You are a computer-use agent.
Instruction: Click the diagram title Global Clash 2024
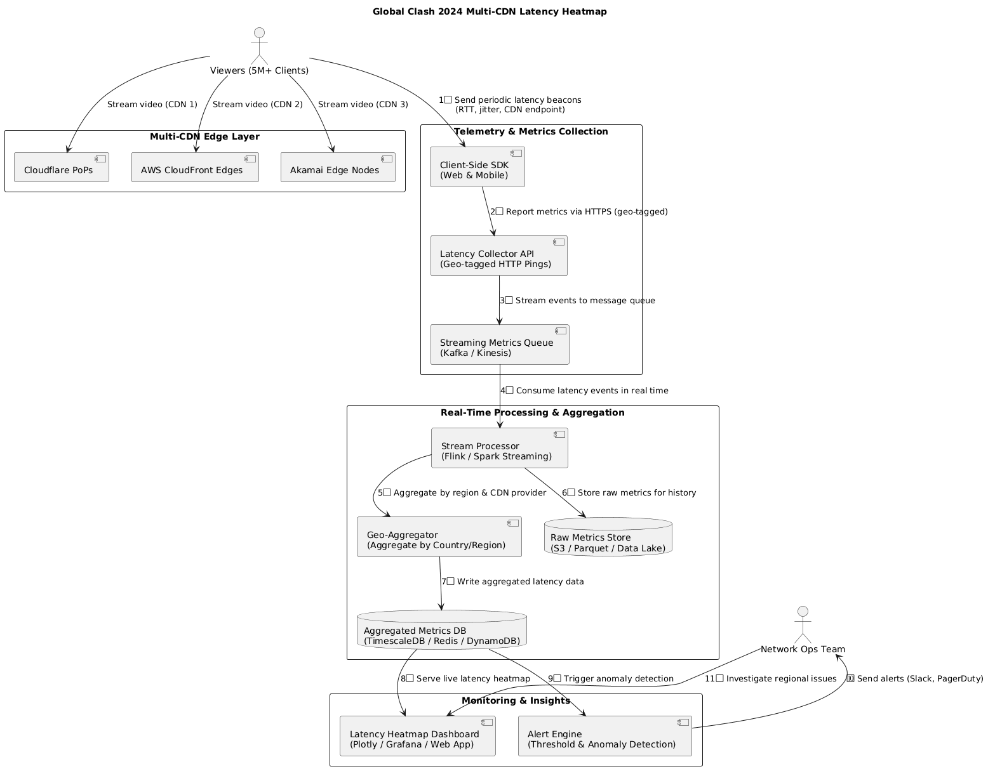tap(490, 11)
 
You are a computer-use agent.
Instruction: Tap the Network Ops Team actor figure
tap(803, 624)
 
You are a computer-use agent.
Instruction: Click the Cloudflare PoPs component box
tap(62, 167)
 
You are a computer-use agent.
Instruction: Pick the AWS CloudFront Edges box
tap(195, 167)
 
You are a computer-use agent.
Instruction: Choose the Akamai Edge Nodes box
tap(338, 167)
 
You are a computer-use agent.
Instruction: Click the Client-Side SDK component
tap(477, 167)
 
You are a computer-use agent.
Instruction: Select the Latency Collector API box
tap(498, 256)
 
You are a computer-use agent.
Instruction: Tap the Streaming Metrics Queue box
tap(500, 345)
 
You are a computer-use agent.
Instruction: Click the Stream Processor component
tap(499, 448)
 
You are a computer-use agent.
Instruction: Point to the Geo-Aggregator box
tap(439, 537)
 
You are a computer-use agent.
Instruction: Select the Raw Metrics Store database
tap(608, 537)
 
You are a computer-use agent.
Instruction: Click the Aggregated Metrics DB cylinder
tap(442, 630)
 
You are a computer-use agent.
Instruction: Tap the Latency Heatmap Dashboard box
tap(417, 736)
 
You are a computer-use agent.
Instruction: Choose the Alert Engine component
tap(604, 736)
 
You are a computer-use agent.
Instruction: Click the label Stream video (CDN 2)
tap(258, 104)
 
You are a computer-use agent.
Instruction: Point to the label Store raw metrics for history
tap(629, 493)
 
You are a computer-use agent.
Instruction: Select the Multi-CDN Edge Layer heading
tap(204, 136)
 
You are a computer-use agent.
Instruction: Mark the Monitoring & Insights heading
tap(516, 700)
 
